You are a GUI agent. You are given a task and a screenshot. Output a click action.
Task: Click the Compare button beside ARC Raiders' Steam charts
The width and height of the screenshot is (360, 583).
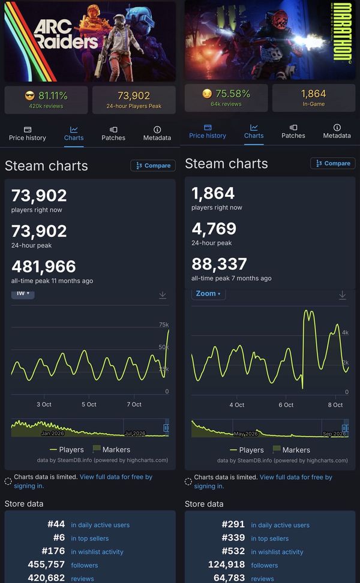[153, 166]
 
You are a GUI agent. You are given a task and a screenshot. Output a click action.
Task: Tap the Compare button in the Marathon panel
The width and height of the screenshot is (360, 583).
[333, 163]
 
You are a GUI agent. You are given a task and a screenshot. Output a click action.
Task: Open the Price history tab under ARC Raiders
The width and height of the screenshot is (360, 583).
[28, 134]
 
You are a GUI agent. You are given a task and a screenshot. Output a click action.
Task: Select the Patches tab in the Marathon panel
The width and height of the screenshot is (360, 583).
[293, 131]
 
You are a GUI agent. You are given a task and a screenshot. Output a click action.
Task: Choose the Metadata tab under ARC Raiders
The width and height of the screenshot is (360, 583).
[157, 134]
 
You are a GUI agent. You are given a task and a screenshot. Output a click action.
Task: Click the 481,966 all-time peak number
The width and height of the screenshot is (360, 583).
[44, 266]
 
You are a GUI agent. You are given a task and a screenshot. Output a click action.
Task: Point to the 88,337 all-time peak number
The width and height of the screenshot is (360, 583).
[219, 264]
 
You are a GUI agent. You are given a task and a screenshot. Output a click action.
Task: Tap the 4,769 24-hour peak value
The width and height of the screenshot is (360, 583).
[214, 229]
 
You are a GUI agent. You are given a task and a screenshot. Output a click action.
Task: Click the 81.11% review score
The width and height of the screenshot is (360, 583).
[53, 95]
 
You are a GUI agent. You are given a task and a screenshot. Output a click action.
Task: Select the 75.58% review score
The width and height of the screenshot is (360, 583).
[233, 94]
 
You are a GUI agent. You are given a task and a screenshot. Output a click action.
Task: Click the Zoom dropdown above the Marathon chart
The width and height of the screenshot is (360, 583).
[208, 293]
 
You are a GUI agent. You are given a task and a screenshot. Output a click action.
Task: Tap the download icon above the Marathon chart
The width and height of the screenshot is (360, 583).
[343, 295]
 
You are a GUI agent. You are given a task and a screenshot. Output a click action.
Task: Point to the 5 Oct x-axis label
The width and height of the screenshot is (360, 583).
[89, 404]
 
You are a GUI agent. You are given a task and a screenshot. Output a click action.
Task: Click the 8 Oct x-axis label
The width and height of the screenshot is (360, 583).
[335, 405]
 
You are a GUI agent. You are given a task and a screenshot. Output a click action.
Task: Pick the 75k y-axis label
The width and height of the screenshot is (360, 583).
[164, 324]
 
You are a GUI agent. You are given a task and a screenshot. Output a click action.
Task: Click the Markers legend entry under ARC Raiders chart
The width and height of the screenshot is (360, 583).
[111, 449]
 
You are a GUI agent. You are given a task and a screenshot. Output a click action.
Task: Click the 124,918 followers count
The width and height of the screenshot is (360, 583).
[226, 564]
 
